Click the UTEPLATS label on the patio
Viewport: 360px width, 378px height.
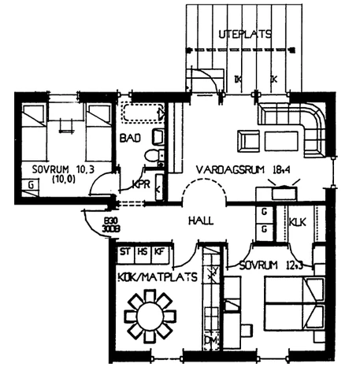pyautogui.click(x=245, y=34)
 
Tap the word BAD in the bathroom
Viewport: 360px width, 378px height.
pyautogui.click(x=130, y=139)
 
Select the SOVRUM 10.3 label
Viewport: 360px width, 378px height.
pyautogui.click(x=58, y=169)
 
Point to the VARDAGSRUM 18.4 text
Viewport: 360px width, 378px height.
pyautogui.click(x=228, y=169)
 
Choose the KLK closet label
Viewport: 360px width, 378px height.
pyautogui.click(x=299, y=223)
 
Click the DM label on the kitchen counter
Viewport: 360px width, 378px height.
pyautogui.click(x=210, y=341)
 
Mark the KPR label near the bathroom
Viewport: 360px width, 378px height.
pyautogui.click(x=141, y=184)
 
